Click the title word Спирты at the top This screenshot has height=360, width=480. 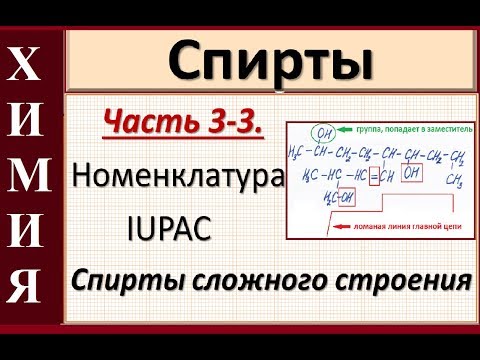point(263,63)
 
